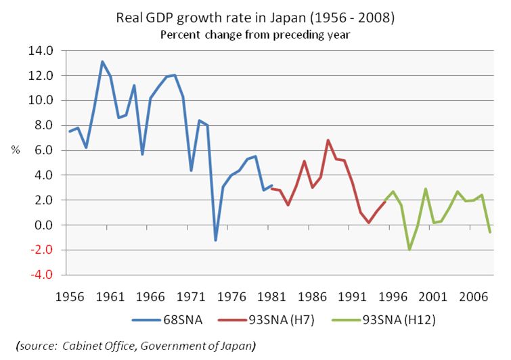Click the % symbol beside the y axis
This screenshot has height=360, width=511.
[15, 150]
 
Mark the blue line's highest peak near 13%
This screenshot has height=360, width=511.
[102, 62]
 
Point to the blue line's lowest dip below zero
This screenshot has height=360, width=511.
[215, 240]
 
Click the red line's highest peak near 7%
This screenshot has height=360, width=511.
[328, 140]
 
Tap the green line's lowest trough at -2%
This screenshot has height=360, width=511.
[409, 250]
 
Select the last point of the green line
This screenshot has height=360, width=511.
[490, 232]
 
